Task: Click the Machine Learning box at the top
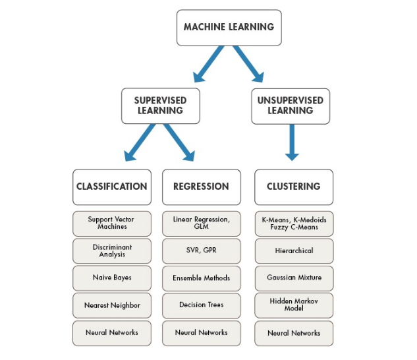point(229,27)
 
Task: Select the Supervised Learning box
point(160,105)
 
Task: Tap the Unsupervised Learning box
point(291,105)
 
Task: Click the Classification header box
point(111,187)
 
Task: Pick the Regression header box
point(202,187)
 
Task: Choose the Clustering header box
point(294,187)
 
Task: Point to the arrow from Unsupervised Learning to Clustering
point(292,142)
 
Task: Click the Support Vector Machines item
point(111,223)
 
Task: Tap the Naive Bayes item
point(111,278)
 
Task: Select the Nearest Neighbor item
point(111,305)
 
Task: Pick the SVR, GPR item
point(202,251)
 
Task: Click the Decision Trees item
point(202,305)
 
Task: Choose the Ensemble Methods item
point(202,278)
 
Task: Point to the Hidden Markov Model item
point(294,305)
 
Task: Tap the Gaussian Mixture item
point(294,278)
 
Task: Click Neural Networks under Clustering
point(294,333)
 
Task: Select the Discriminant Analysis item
point(111,251)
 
